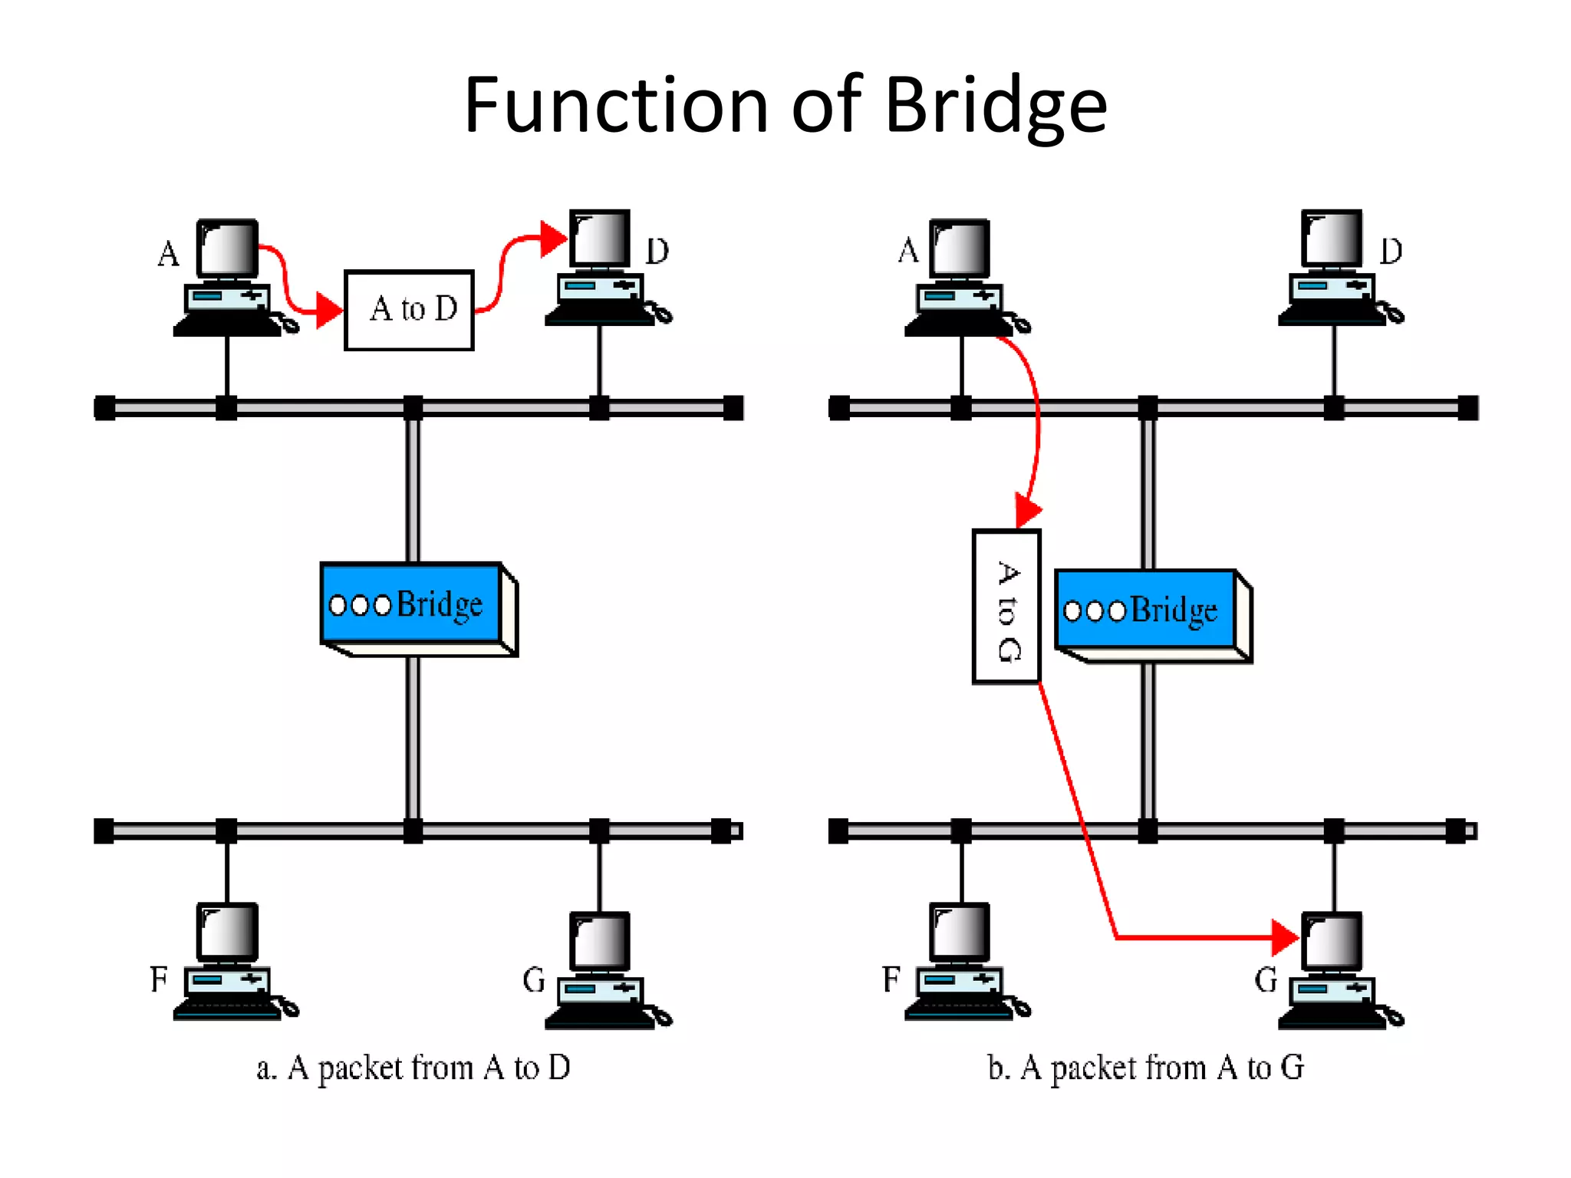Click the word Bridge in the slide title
pyautogui.click(x=995, y=106)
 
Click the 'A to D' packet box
pyautogui.click(x=409, y=310)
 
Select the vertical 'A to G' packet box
pyautogui.click(x=1006, y=606)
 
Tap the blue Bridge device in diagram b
pyautogui.click(x=1146, y=610)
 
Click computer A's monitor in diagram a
pyautogui.click(x=227, y=248)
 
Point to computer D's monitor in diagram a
pyautogui.click(x=600, y=239)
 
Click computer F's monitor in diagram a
pyautogui.click(x=227, y=932)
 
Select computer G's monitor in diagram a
pyautogui.click(x=600, y=941)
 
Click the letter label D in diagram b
pyautogui.click(x=1391, y=252)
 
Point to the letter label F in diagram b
pyautogui.click(x=891, y=979)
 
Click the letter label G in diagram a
pyautogui.click(x=533, y=980)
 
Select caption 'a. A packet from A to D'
pyautogui.click(x=413, y=1068)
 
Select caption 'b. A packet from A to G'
pyautogui.click(x=1145, y=1068)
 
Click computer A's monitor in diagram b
pyautogui.click(x=960, y=248)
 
